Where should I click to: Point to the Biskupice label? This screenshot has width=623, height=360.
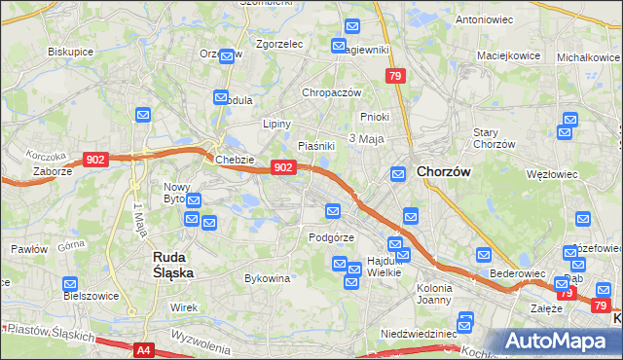point(70,52)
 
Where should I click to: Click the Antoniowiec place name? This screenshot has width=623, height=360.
point(484,19)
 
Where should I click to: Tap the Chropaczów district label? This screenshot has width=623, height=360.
point(332,92)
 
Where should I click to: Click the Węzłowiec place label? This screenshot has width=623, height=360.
point(551,175)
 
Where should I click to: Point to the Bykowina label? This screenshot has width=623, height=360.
point(268,279)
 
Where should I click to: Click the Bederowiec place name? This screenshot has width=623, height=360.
point(517,274)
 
